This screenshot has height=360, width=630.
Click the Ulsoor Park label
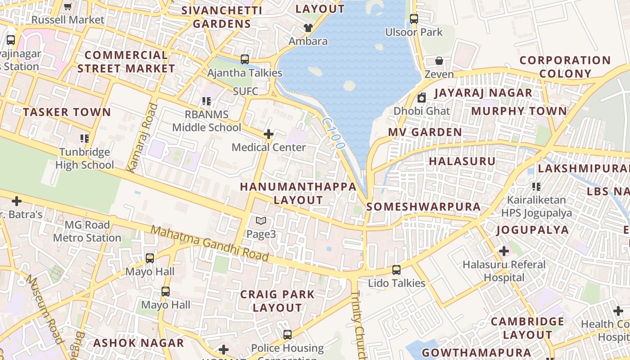coord(414,32)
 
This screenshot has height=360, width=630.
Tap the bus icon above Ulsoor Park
coord(414,19)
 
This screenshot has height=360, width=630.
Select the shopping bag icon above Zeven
coord(439,61)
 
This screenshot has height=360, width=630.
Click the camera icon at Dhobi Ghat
coord(422,98)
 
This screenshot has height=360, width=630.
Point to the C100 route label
coord(333,134)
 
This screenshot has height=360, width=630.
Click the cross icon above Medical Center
coord(269,134)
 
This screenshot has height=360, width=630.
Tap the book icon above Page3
coord(261,220)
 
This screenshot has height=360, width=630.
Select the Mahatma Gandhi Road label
coord(209,243)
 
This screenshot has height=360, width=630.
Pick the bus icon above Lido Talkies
coord(396,270)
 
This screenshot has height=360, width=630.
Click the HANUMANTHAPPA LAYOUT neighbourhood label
coord(298,193)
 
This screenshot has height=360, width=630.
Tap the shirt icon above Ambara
coord(308,28)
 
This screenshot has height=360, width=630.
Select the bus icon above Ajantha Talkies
coord(244,59)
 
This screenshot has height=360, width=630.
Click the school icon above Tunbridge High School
coord(84,139)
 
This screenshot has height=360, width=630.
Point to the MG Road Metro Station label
coord(87,231)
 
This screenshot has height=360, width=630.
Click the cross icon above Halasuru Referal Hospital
coord(504,251)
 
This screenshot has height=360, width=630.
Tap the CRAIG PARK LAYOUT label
coord(277,301)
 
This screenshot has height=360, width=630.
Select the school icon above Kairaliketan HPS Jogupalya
coord(536,186)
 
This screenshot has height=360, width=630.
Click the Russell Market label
coord(67,20)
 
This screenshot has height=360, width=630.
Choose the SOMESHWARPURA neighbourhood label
coord(423,207)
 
